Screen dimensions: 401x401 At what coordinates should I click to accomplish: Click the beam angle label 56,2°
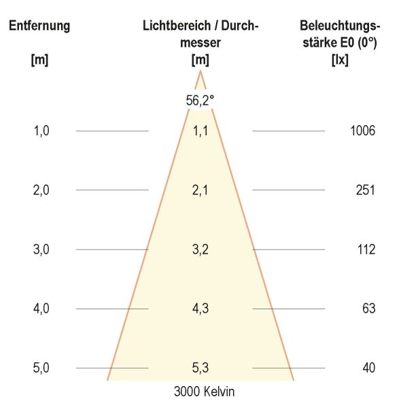(x=200, y=100)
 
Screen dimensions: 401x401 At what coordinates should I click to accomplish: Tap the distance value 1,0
(x=41, y=131)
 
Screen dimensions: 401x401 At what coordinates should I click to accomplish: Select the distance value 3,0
(x=41, y=249)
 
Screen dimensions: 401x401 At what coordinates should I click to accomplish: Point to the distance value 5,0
(x=41, y=368)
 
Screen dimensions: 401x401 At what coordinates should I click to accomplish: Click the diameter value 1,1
(x=200, y=131)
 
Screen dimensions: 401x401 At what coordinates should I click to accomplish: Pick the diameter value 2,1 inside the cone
(x=200, y=190)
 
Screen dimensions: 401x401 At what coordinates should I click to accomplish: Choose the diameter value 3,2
(x=200, y=249)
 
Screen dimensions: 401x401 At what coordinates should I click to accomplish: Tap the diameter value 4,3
(x=200, y=309)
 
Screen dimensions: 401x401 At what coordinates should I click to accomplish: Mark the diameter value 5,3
(x=200, y=368)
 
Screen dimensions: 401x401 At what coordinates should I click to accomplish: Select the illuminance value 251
(x=365, y=190)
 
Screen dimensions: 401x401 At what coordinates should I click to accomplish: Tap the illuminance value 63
(x=368, y=309)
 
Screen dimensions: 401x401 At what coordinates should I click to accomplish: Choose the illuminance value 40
(x=368, y=368)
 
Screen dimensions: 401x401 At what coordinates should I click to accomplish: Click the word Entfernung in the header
(x=39, y=27)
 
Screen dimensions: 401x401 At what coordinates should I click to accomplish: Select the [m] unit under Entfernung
(x=39, y=59)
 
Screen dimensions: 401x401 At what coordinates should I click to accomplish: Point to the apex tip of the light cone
(x=200, y=71)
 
